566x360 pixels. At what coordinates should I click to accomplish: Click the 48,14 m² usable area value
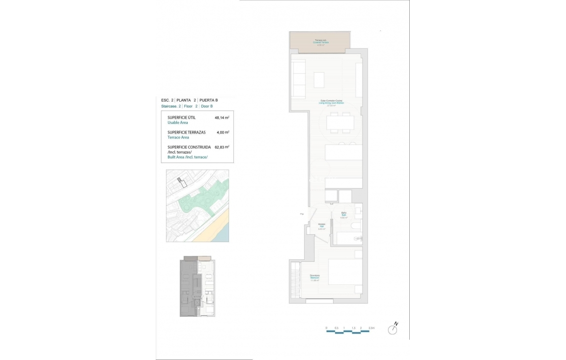point(222,118)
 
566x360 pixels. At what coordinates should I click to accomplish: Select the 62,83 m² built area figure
point(222,147)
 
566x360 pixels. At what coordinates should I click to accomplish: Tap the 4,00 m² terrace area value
point(223,133)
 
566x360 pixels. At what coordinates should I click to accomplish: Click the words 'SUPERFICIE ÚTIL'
point(182,118)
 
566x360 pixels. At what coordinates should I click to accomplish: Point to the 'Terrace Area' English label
point(178,138)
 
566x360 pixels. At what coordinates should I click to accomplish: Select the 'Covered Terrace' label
point(321,43)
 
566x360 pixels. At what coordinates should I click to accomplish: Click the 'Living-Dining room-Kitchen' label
point(332,103)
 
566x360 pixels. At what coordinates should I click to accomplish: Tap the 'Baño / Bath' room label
point(344,215)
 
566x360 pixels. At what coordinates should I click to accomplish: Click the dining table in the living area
point(340,122)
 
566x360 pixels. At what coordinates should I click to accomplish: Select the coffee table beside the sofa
point(319,80)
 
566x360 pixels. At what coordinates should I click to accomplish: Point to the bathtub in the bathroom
point(349,239)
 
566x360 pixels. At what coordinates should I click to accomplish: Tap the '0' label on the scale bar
point(326,327)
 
